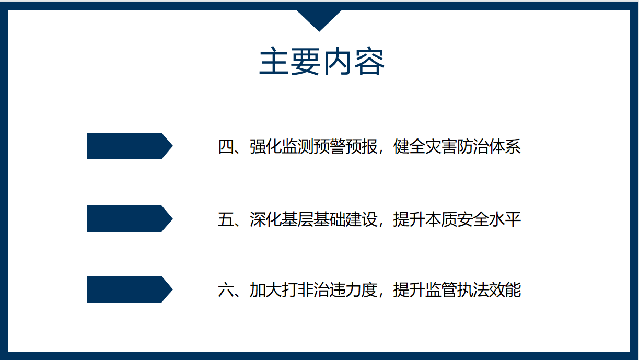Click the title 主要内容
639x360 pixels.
pyautogui.click(x=322, y=61)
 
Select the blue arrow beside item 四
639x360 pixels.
pyautogui.click(x=130, y=146)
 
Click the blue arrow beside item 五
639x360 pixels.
pyautogui.click(x=130, y=218)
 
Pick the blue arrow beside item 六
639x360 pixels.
pyautogui.click(x=130, y=289)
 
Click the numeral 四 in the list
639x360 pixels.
pyautogui.click(x=226, y=147)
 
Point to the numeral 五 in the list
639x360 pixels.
pyautogui.click(x=226, y=219)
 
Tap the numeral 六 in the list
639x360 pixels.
pyautogui.click(x=226, y=290)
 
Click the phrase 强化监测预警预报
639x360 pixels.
pyautogui.click(x=313, y=147)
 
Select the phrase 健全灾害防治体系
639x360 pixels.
pyautogui.click(x=457, y=147)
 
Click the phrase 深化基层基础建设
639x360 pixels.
pyautogui.click(x=313, y=219)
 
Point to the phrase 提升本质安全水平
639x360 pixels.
pyautogui.click(x=457, y=219)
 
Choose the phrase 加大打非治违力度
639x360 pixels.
pyautogui.click(x=313, y=290)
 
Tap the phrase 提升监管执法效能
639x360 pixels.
pyautogui.click(x=457, y=290)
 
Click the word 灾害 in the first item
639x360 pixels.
pyautogui.click(x=441, y=147)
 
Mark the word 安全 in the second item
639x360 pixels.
pyautogui.click(x=473, y=219)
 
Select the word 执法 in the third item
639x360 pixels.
pyautogui.click(x=473, y=290)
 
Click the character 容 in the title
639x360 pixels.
pyautogui.click(x=369, y=61)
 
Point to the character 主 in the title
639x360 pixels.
pyautogui.click(x=274, y=61)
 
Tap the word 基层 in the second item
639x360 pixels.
pyautogui.click(x=297, y=219)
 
